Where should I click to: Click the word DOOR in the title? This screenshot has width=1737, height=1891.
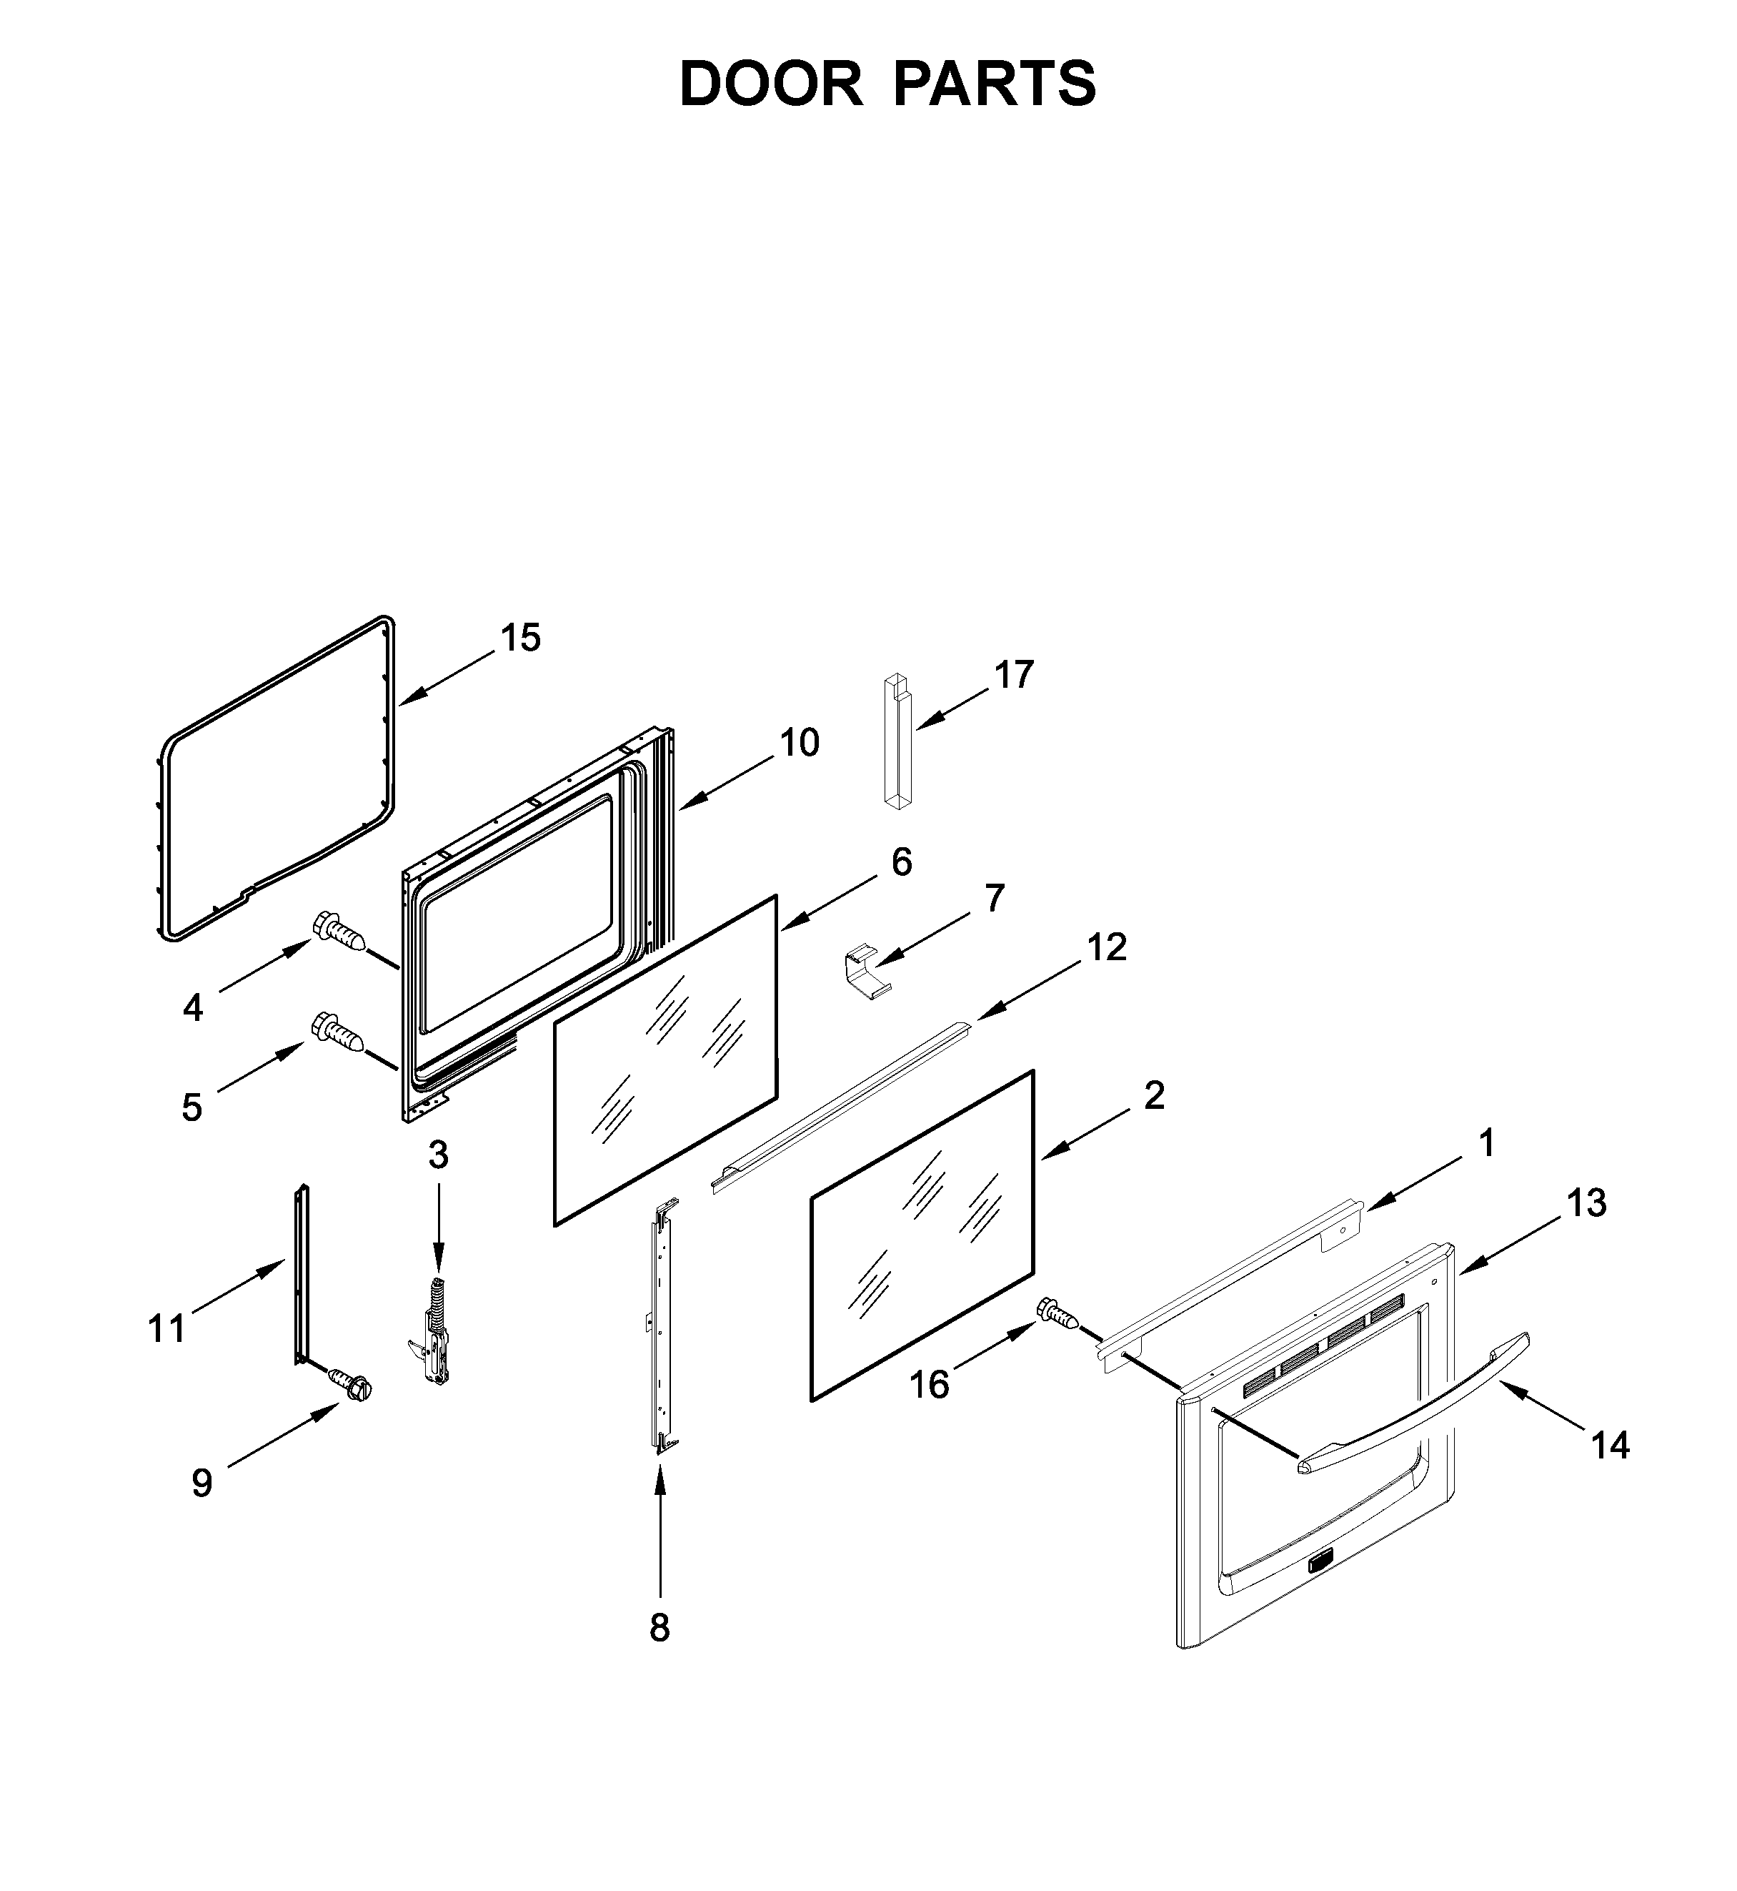click(771, 84)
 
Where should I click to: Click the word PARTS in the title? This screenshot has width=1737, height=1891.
click(995, 84)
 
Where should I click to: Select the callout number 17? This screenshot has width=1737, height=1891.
click(1014, 675)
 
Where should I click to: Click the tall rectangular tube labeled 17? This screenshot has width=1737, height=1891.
click(897, 742)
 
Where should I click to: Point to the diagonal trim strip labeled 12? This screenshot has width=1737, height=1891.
click(841, 1106)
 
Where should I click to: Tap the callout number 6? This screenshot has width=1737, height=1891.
click(900, 861)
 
